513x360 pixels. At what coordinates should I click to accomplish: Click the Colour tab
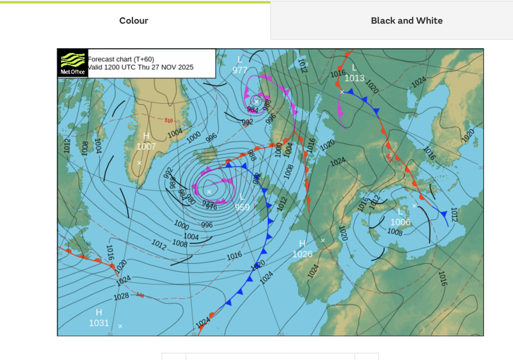click(x=133, y=21)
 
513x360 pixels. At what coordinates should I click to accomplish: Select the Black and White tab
click(x=407, y=21)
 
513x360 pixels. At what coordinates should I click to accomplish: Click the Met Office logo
click(x=72, y=63)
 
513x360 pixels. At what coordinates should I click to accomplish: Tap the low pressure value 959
click(x=242, y=207)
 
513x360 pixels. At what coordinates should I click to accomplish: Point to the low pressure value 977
click(x=240, y=70)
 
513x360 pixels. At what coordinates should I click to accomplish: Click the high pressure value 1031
click(x=98, y=323)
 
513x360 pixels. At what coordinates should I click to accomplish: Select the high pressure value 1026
click(x=303, y=254)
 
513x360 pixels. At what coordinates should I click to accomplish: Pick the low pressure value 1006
click(x=400, y=222)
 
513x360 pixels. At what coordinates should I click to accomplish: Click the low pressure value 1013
click(x=354, y=78)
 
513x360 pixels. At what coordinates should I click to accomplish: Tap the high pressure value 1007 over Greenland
click(x=146, y=147)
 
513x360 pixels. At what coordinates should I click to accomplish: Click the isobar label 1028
click(x=121, y=297)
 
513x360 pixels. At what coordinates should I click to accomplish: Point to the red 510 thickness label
click(x=169, y=121)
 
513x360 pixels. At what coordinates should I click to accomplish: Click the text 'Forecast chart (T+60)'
click(x=121, y=59)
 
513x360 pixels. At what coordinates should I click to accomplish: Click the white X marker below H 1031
click(x=120, y=326)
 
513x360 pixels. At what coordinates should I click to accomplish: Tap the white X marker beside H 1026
click(x=322, y=241)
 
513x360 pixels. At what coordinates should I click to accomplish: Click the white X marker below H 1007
click(x=139, y=163)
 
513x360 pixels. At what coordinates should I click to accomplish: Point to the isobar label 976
click(x=211, y=207)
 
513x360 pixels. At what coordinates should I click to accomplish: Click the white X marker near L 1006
click(x=414, y=206)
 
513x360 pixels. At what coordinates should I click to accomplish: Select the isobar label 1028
click(x=121, y=297)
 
